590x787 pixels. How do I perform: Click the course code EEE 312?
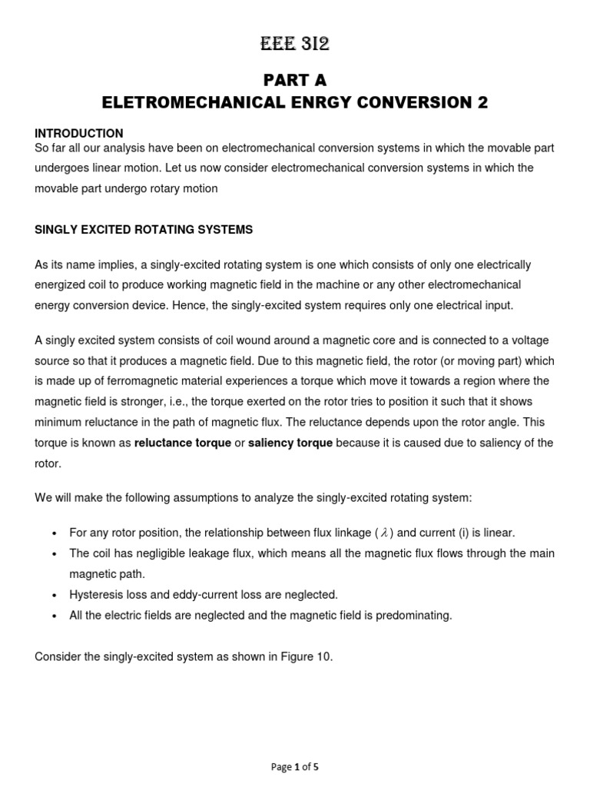point(295,45)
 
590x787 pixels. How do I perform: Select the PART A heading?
point(295,81)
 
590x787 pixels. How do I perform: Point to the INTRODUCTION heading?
point(79,134)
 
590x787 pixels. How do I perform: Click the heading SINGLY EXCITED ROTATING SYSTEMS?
point(144,230)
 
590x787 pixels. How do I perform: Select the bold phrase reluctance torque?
point(183,443)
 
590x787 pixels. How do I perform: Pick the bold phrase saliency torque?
point(290,443)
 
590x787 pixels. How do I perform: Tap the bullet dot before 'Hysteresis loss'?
point(54,595)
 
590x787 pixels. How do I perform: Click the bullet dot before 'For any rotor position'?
point(54,533)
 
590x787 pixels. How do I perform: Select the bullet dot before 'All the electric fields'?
point(54,616)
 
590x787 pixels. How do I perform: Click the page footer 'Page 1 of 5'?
point(295,767)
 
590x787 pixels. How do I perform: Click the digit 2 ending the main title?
point(482,103)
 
